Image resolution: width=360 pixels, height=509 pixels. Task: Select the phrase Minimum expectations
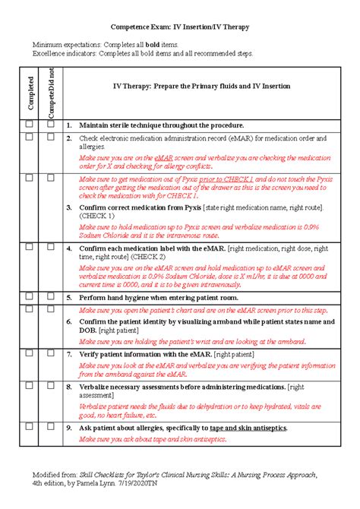pos(62,46)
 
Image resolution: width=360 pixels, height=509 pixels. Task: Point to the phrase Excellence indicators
pos(62,54)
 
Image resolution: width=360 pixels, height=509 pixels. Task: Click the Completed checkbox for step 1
pos(29,123)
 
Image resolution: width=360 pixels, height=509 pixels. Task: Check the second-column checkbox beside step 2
pos(50,137)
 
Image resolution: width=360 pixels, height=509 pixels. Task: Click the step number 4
pos(68,248)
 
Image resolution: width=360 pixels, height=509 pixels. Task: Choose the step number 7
pos(68,354)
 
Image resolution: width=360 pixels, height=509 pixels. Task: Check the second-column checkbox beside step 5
pos(50,296)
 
